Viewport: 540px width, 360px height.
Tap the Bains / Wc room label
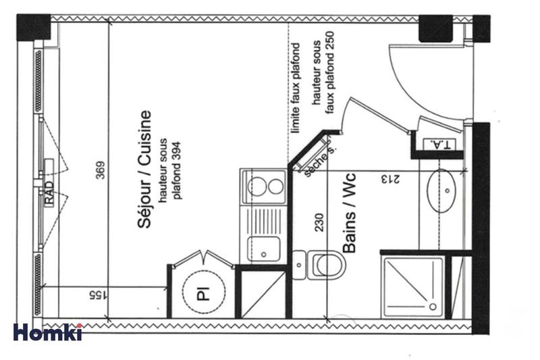[x=349, y=211]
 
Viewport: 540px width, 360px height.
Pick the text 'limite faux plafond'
[x=294, y=88]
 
